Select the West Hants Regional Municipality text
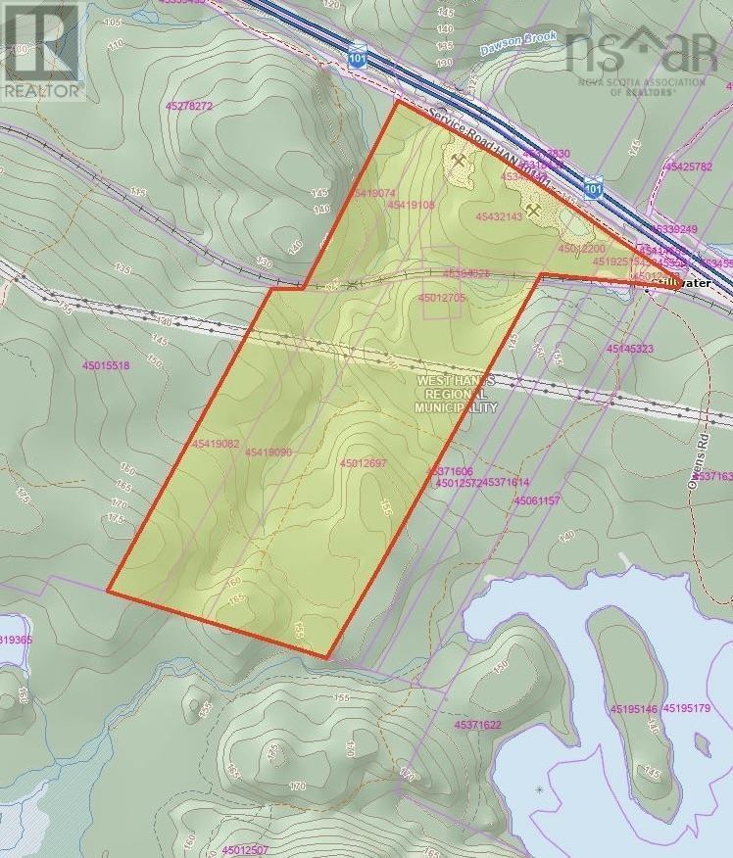click(456, 393)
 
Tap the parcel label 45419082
click(216, 444)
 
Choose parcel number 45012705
click(441, 297)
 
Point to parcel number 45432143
click(498, 216)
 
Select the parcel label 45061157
click(536, 500)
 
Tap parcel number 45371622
click(478, 725)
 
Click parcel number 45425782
click(688, 167)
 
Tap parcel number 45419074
click(370, 194)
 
